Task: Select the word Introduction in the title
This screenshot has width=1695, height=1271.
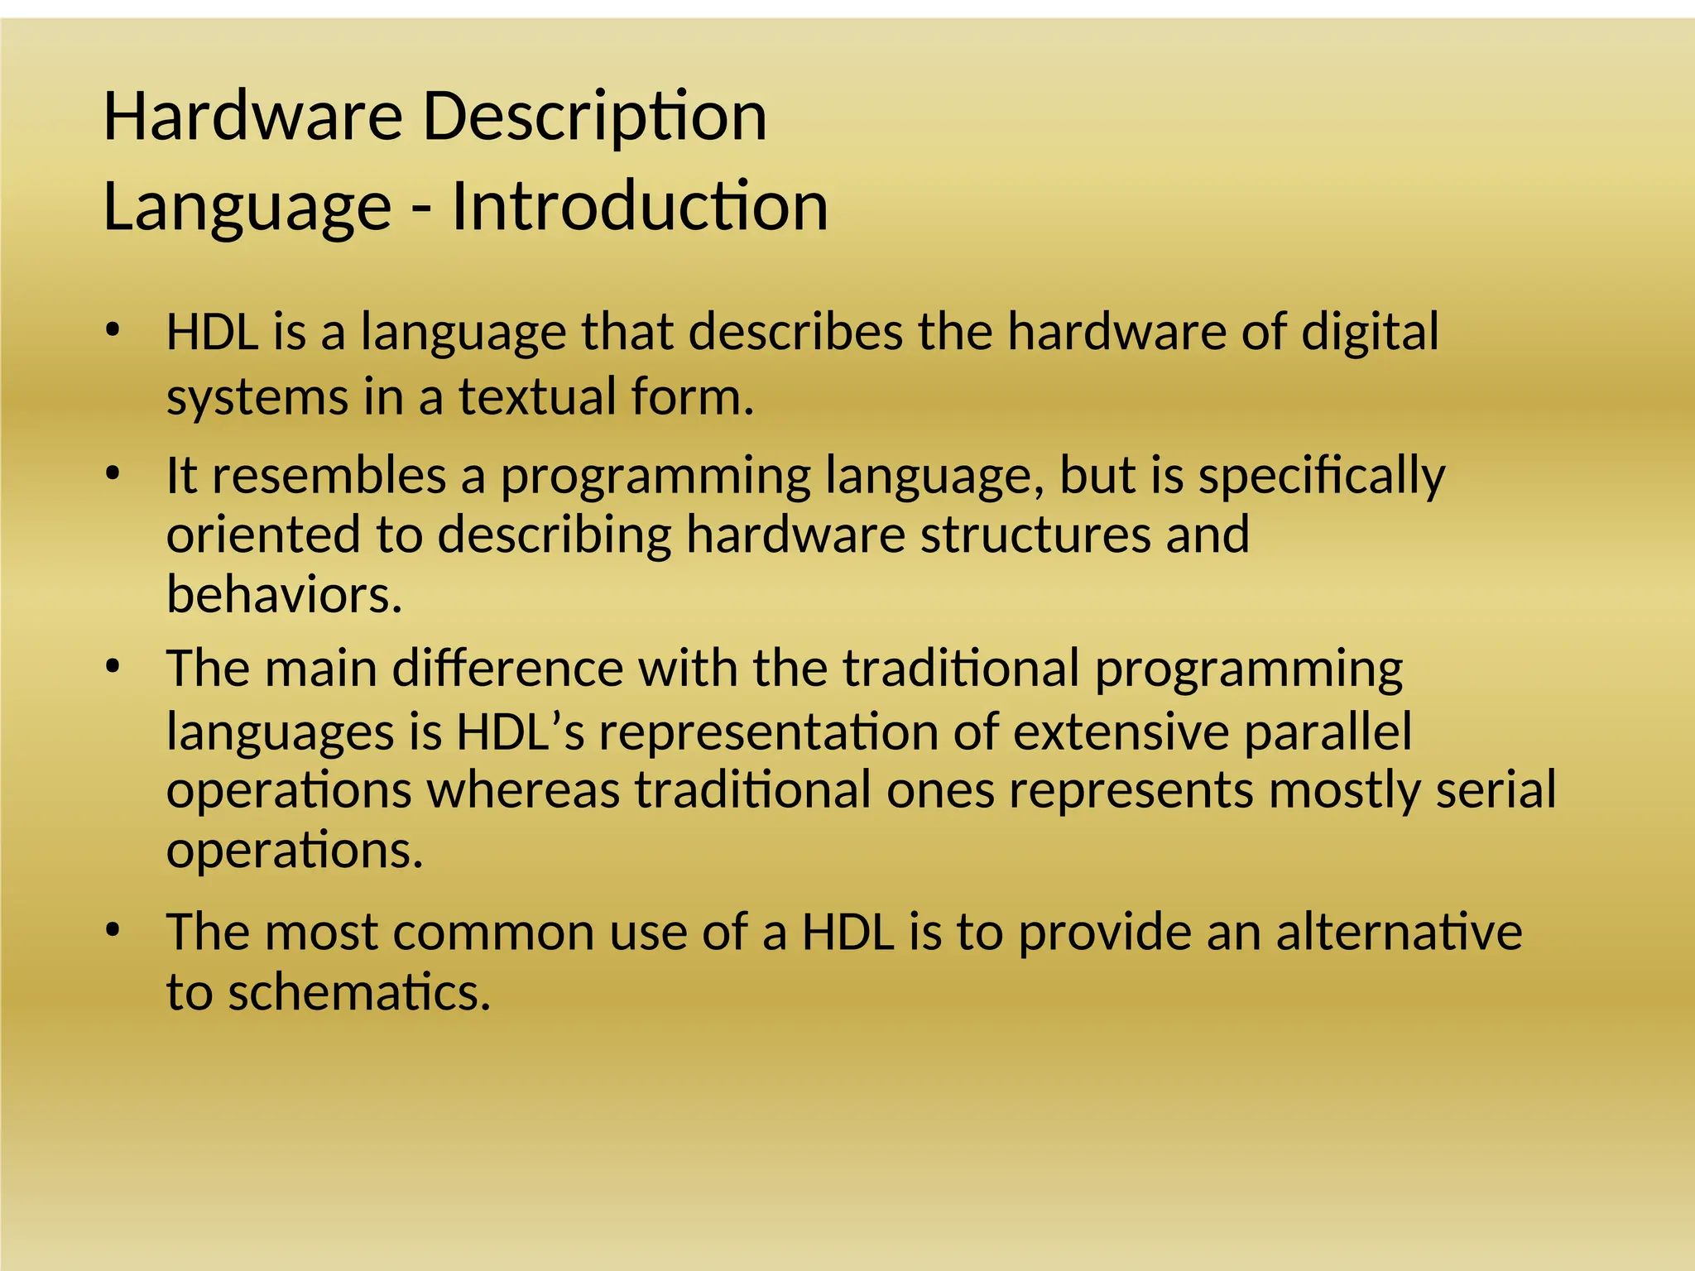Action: coord(639,206)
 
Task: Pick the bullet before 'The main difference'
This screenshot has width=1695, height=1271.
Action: coord(113,667)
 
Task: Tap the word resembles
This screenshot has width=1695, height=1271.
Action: coord(329,477)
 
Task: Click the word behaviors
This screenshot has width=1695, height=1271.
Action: coord(284,594)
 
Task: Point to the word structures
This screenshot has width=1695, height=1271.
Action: coord(1035,535)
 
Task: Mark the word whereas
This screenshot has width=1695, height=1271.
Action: coord(523,789)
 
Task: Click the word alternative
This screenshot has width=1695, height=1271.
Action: coord(1398,932)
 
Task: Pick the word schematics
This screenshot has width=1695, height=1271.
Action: coord(359,992)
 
